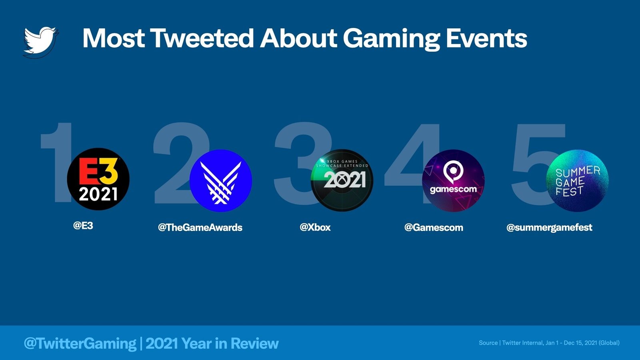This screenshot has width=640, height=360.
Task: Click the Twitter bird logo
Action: point(40,41)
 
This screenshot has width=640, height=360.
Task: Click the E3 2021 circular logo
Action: point(98,179)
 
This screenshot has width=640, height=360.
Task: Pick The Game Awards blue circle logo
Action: point(220,180)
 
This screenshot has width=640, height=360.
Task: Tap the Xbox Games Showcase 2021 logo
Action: point(342,180)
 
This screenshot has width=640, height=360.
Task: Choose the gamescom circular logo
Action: point(453,180)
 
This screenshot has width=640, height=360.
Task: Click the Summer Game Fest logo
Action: point(577,180)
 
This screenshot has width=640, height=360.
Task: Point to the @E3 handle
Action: point(83,226)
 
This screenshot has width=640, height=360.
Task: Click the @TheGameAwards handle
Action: point(200,228)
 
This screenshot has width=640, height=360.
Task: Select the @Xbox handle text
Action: point(315,228)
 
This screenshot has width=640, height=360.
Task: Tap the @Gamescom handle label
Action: point(434,228)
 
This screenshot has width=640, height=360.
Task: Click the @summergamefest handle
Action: point(549,228)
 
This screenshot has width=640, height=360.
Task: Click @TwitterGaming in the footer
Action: point(80,343)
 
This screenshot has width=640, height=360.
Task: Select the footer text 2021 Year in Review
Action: point(212,343)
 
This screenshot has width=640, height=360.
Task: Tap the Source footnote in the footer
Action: point(549,343)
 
